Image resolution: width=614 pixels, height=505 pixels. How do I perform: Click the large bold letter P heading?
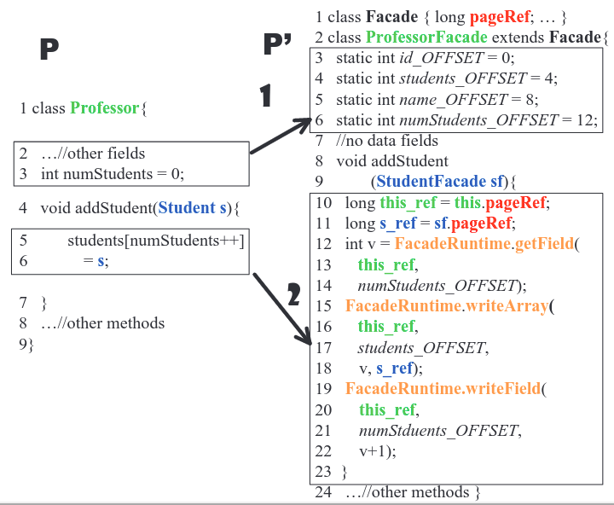pyautogui.click(x=49, y=50)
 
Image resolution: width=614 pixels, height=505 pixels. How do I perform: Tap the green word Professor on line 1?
pyautogui.click(x=105, y=108)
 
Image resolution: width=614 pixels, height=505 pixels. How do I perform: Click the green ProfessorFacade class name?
pyautogui.click(x=426, y=38)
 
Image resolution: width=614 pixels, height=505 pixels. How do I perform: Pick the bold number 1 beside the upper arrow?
pyautogui.click(x=266, y=96)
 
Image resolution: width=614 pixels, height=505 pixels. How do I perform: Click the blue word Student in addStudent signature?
pyautogui.click(x=188, y=207)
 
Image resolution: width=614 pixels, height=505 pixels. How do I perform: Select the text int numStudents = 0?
pyautogui.click(x=113, y=174)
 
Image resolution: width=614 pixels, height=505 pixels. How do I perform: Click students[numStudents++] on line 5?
pyautogui.click(x=155, y=241)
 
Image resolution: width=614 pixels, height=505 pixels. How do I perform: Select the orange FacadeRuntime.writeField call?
pyautogui.click(x=443, y=389)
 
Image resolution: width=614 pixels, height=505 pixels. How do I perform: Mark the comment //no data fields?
pyautogui.click(x=387, y=140)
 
